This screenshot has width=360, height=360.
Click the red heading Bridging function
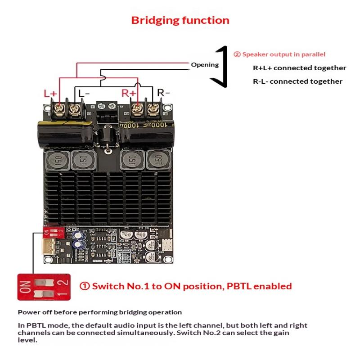coord(180,20)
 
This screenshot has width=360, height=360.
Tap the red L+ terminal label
coord(50,94)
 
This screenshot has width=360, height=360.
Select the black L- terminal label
coord(84,93)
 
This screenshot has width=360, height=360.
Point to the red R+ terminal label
coord(130,93)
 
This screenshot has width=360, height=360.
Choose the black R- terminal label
coord(163,93)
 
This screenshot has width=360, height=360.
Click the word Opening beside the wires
coord(205,65)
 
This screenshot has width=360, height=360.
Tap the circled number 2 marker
coord(237,54)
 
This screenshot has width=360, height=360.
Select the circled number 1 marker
coord(85,286)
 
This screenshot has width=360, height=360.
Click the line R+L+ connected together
coord(299,68)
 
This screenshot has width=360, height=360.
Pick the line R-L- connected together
coord(297,81)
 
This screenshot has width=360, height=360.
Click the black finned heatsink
coord(108,198)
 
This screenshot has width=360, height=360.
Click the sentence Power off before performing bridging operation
coord(100,312)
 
